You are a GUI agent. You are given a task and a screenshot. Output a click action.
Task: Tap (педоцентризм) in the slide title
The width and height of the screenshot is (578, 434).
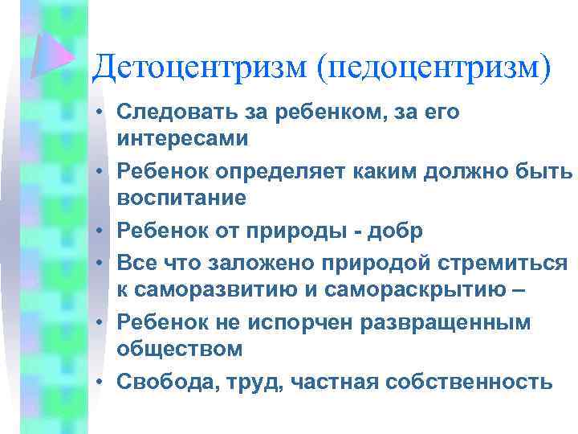point(435,67)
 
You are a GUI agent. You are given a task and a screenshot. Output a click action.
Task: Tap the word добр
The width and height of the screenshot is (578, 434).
point(401,231)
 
